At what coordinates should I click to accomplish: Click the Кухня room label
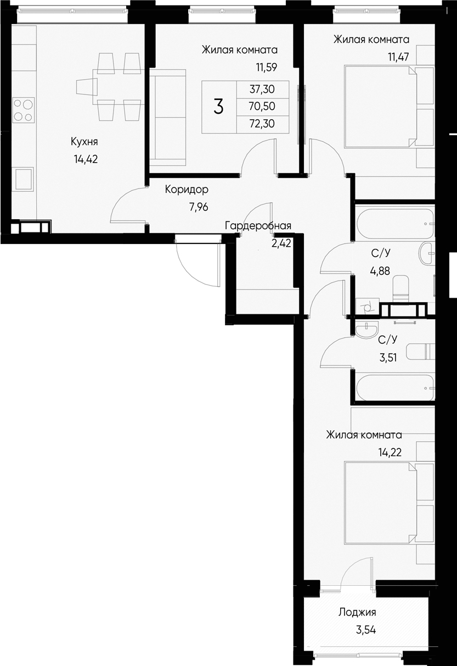tap(84, 142)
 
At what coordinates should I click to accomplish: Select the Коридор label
tap(187, 190)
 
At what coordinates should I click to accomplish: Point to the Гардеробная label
tap(257, 226)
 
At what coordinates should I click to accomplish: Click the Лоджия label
tap(357, 613)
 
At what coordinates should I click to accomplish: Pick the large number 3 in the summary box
tap(218, 107)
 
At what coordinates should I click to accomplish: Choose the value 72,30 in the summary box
tap(262, 124)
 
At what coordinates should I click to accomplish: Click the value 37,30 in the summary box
tap(262, 88)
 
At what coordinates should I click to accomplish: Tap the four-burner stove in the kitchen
tap(23, 109)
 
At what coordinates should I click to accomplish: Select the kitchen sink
tap(24, 179)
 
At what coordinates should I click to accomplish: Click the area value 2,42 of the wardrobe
tap(281, 242)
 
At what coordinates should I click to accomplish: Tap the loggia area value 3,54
tap(365, 630)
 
